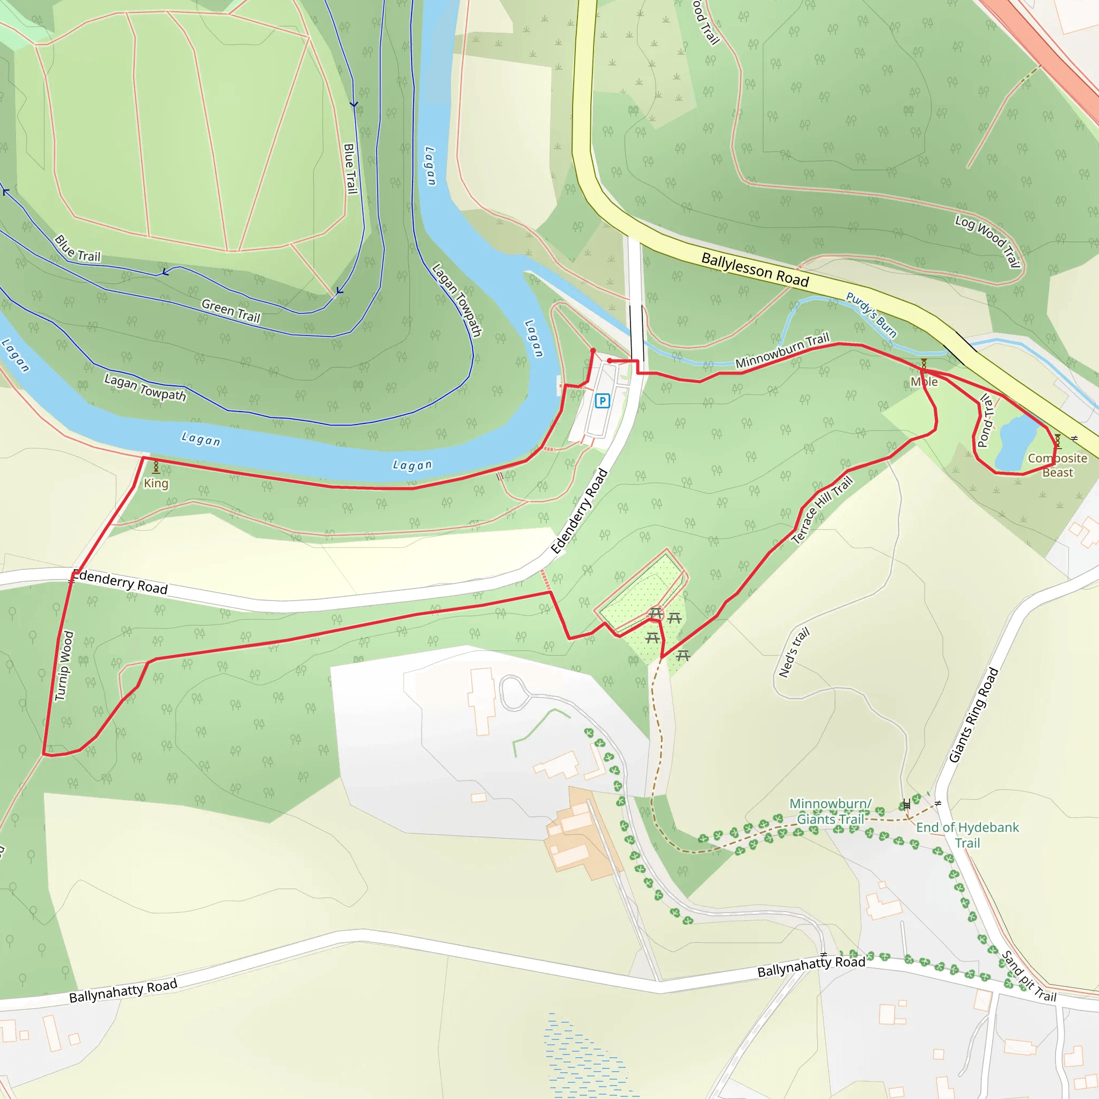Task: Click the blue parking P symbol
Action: pos(602,401)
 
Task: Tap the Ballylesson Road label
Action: pos(754,269)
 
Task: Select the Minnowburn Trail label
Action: pos(782,351)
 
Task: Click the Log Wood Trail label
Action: pos(987,240)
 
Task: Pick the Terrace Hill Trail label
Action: pos(822,510)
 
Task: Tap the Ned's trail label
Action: pos(794,653)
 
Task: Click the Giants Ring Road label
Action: pos(973,714)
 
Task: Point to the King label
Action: pos(156,483)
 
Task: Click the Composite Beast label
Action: pos(1057,465)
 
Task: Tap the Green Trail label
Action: pos(231,311)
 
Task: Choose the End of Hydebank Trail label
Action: pos(967,835)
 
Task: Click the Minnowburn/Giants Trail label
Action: pos(830,811)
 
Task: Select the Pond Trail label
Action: pos(986,421)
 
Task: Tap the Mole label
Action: pos(924,382)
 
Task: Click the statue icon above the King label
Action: pos(156,467)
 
